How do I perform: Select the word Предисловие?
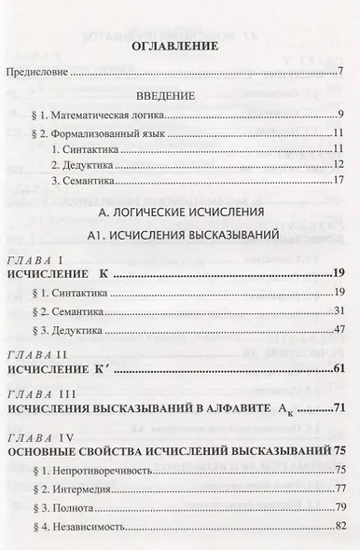pos(38,72)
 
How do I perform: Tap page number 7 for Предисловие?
pos(342,72)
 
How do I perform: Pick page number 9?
pos(342,116)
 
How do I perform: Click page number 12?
pos(339,164)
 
